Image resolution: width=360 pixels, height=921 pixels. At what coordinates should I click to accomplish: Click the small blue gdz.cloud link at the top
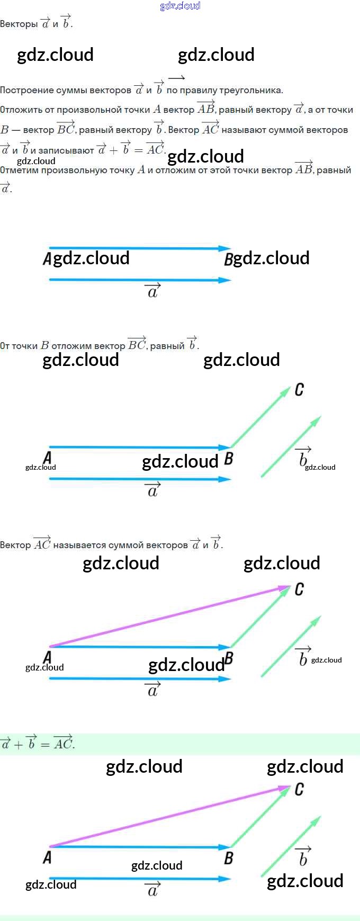pos(180,6)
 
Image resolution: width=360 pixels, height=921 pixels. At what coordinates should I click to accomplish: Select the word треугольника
pos(250,90)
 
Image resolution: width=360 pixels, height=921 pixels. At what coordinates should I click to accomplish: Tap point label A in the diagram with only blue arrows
pos(48,259)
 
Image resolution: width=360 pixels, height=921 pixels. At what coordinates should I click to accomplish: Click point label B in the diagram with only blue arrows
pos(229,260)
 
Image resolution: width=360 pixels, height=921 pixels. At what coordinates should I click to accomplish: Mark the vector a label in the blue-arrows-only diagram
pos(153,291)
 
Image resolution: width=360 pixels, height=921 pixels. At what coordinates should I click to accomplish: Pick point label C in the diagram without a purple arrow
pos(299,390)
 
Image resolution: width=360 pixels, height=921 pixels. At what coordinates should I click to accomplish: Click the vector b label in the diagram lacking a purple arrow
pos(302,457)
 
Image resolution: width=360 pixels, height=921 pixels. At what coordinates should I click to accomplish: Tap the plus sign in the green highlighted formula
pos(19,744)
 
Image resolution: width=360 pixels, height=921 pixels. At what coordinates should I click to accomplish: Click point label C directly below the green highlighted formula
pos(299,790)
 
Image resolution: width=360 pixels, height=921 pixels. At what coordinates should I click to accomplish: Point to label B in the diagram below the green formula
pos(229,858)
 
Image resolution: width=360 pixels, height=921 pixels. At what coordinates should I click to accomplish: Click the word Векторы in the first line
pos(19,24)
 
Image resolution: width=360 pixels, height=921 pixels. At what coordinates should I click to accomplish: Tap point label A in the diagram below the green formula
pos(48,857)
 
